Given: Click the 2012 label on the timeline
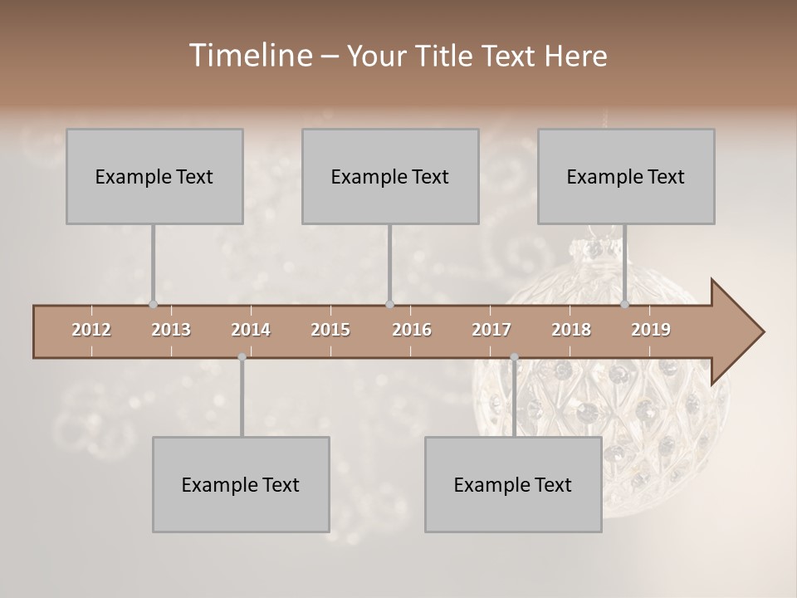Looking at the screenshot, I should [x=91, y=330].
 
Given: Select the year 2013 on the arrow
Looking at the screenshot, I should [x=171, y=330].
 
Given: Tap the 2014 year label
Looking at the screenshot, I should [x=251, y=330].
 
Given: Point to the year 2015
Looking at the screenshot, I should [x=330, y=330].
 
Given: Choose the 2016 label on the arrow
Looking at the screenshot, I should [x=412, y=330].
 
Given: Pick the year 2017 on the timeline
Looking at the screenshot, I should [x=491, y=330].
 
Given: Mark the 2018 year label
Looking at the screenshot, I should [x=571, y=330].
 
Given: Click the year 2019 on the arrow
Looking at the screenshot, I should [x=651, y=330].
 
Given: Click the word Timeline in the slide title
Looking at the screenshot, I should [x=250, y=56].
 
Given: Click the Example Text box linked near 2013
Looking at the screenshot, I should [x=154, y=176].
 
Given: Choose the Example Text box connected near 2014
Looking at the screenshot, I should [x=241, y=484].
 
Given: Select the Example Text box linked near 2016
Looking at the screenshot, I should [x=390, y=176].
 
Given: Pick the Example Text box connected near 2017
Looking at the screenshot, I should [x=513, y=484].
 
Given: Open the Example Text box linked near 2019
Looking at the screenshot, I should [x=626, y=176].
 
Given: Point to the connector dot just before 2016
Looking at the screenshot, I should [x=390, y=305].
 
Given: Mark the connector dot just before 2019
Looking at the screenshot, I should [x=625, y=305].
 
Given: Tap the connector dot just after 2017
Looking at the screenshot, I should [x=514, y=357].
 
